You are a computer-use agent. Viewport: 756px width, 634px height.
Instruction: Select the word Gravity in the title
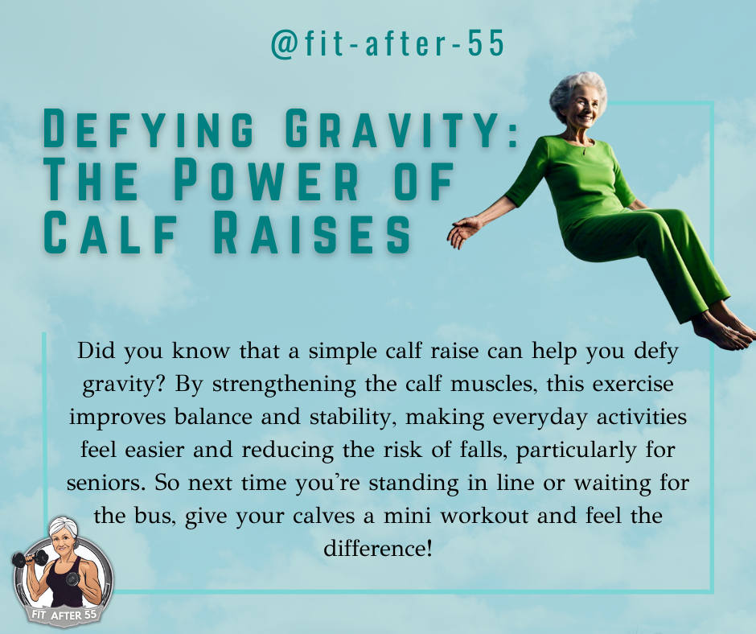[394, 129]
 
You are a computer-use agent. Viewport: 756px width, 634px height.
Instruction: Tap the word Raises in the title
[311, 234]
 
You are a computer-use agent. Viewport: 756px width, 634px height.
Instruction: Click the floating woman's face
[581, 107]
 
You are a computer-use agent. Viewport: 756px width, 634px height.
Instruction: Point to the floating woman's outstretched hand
[464, 232]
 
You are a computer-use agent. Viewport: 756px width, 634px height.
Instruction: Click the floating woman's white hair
[576, 91]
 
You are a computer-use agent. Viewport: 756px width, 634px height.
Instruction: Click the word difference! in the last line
[377, 548]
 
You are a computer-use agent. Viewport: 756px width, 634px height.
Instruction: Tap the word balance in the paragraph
[213, 417]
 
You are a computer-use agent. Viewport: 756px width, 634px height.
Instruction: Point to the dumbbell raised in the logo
[29, 558]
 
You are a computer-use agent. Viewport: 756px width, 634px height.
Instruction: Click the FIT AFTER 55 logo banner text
[64, 615]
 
